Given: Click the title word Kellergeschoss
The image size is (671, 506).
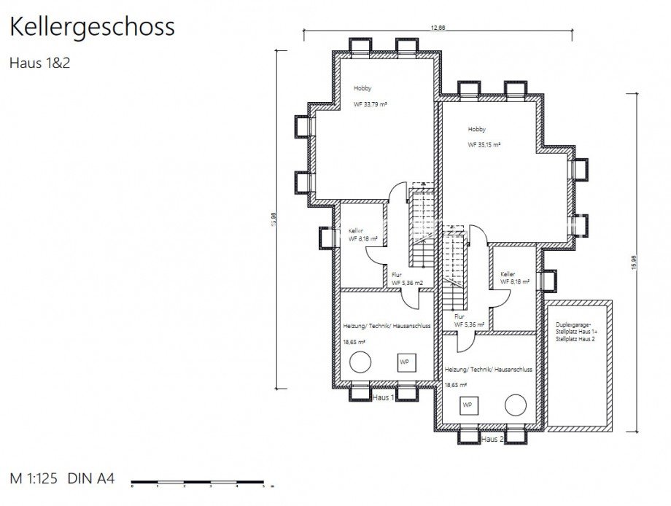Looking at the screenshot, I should click(x=91, y=27).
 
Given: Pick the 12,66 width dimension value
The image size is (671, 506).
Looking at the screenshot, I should click(x=438, y=27).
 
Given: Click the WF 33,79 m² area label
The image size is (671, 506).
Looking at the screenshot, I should click(x=370, y=104).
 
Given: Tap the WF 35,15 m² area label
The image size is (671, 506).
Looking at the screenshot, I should click(x=484, y=145).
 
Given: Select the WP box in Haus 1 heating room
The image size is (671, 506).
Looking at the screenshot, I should click(x=404, y=360).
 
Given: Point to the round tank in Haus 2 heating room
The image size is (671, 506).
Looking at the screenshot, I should click(x=516, y=404).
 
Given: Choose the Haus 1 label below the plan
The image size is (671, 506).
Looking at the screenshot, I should click(x=383, y=398).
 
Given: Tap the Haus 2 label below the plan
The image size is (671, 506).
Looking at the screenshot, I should click(x=492, y=440).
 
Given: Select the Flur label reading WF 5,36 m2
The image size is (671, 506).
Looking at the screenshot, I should click(x=408, y=282).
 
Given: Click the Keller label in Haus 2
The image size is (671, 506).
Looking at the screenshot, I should click(x=508, y=275).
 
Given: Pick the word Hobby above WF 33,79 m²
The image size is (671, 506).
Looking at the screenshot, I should click(x=362, y=88).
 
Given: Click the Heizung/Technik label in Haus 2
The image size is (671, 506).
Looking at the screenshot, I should click(x=488, y=370).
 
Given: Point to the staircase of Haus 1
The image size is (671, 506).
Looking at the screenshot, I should click(x=422, y=233).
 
